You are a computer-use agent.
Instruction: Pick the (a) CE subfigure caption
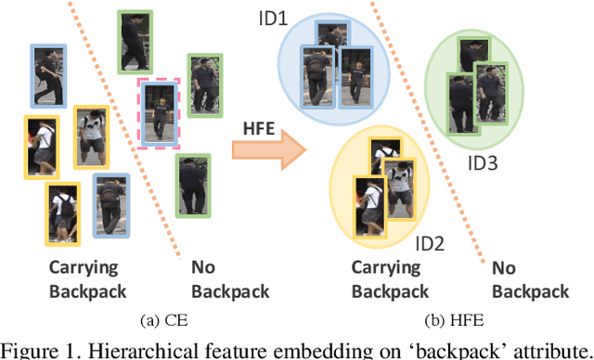click(159, 321)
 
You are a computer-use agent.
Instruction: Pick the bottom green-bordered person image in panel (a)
click(194, 188)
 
